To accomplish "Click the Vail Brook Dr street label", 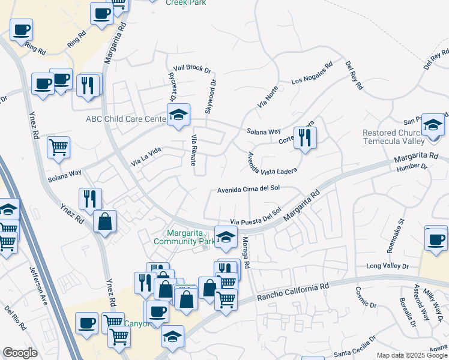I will coord(191,69).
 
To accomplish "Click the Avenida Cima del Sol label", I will coord(249,188).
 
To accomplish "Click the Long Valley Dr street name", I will coord(387,266).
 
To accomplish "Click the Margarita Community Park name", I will coord(184,237).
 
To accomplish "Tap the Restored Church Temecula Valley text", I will coord(401,137).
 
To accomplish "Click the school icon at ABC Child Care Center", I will coord(178,115).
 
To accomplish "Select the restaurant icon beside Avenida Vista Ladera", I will coord(306,139).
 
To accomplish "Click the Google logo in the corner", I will coord(20,353).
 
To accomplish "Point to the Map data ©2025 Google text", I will coord(412,355).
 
